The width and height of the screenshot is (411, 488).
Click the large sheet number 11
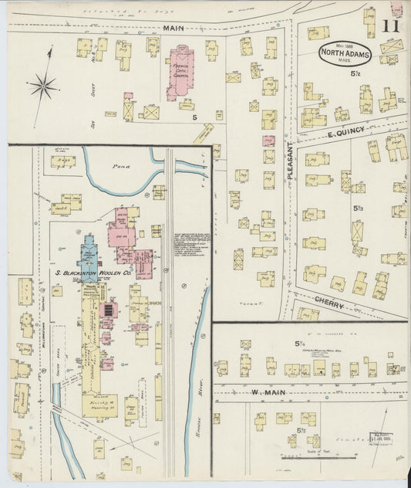[x=390, y=26]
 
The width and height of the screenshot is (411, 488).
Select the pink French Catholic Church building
[x=180, y=75]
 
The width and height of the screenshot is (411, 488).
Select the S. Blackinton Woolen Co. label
[x=92, y=273]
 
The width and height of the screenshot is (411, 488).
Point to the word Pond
[x=120, y=166]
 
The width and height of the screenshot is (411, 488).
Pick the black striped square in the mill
[x=107, y=310]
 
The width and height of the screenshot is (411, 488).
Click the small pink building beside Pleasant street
[x=268, y=141]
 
